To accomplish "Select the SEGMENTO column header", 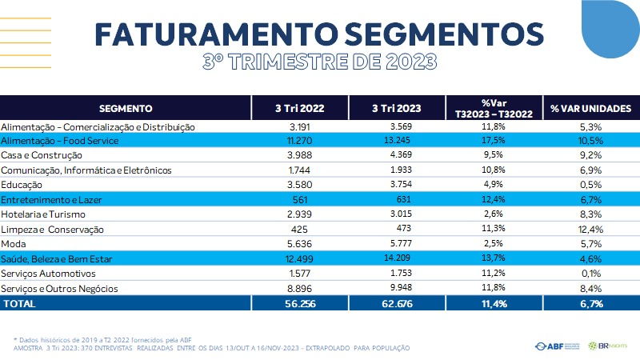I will click(126, 108).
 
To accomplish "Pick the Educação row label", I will click(23, 185).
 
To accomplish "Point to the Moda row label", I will click(14, 244).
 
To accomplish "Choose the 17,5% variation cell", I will click(494, 141).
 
